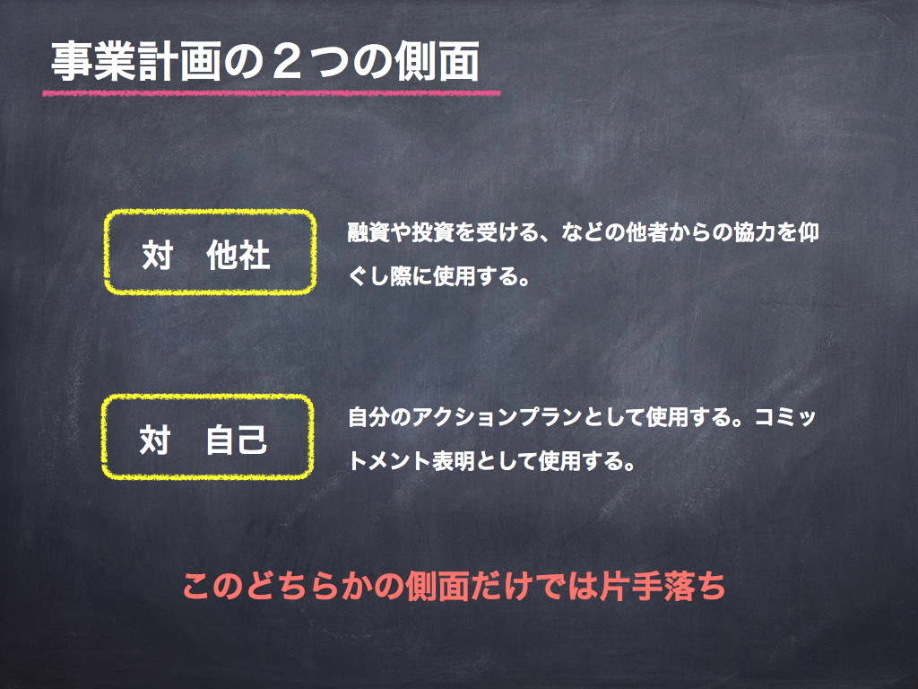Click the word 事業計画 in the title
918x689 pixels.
point(136,62)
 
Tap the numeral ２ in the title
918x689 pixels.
point(286,62)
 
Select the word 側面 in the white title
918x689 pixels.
point(437,62)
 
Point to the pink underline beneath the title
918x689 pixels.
point(272,92)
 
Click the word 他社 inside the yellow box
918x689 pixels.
point(238,256)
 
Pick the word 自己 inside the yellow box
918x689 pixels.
point(236,440)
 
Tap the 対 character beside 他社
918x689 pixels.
point(158,256)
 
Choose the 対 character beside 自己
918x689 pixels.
point(155,440)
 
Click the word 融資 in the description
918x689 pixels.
point(368,232)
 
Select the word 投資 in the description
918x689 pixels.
point(433,232)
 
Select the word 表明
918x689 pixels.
point(454,461)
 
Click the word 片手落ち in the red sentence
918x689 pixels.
point(663,586)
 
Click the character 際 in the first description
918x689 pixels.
point(402,276)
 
